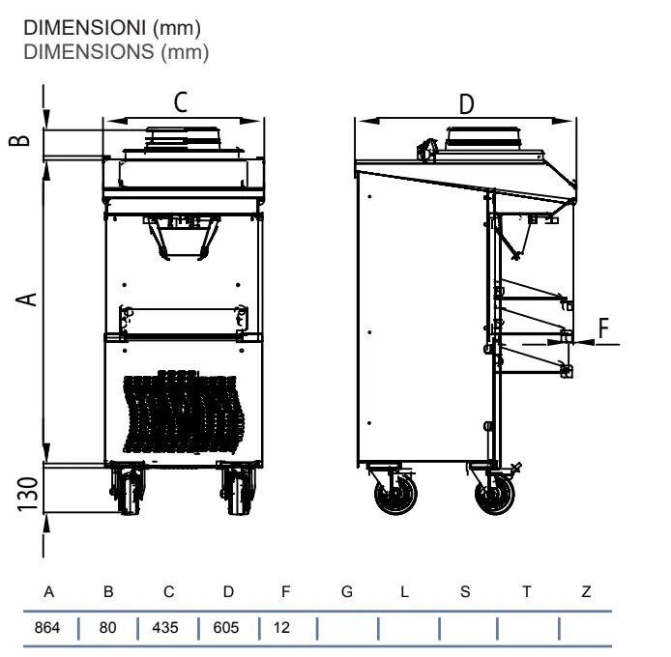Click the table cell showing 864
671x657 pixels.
tap(47, 627)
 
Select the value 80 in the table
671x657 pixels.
tap(107, 627)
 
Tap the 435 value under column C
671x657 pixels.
tap(165, 627)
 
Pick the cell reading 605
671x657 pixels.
tap(226, 627)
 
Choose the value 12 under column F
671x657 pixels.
tap(281, 627)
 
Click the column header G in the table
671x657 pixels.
tap(347, 591)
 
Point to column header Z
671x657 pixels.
tap(586, 591)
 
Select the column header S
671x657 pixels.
tap(465, 591)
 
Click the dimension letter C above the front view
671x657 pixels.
tap(181, 102)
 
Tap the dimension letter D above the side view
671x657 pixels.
tap(466, 104)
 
